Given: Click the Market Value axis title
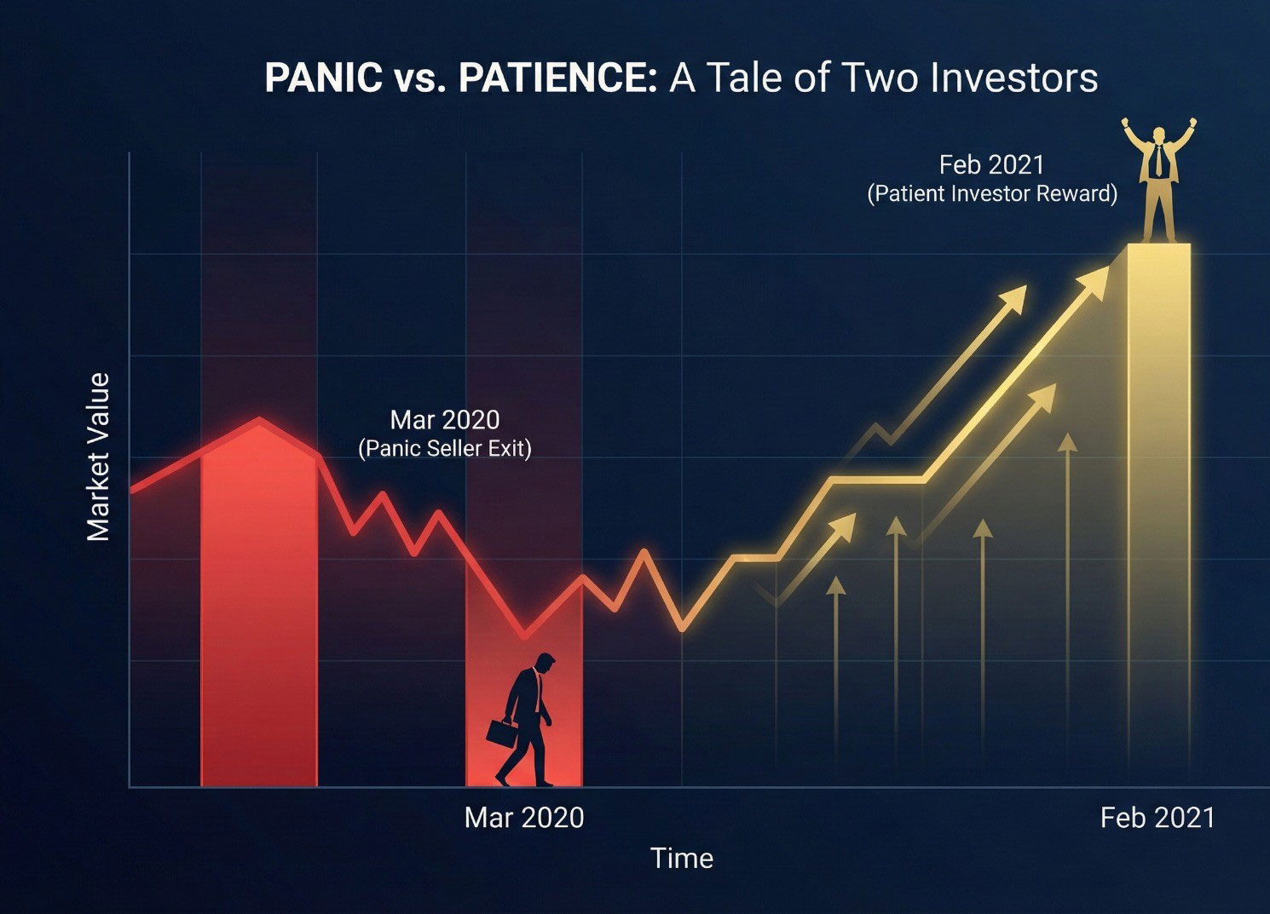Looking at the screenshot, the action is (97, 457).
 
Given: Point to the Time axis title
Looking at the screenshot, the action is (682, 859).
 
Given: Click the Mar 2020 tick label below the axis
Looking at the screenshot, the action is (524, 819).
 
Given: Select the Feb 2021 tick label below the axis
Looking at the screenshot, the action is (1157, 819).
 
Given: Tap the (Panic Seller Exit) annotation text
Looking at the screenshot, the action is (445, 449).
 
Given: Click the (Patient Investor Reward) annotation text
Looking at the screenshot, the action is (992, 194).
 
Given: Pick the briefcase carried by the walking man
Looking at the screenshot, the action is (502, 733).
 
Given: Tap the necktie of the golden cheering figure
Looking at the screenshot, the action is (1158, 159).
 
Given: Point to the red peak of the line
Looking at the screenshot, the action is (259, 421).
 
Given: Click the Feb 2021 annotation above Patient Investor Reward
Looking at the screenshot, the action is (991, 165).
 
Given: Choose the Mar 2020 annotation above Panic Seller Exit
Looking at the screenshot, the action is (445, 420).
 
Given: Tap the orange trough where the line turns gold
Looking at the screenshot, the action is (683, 627).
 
